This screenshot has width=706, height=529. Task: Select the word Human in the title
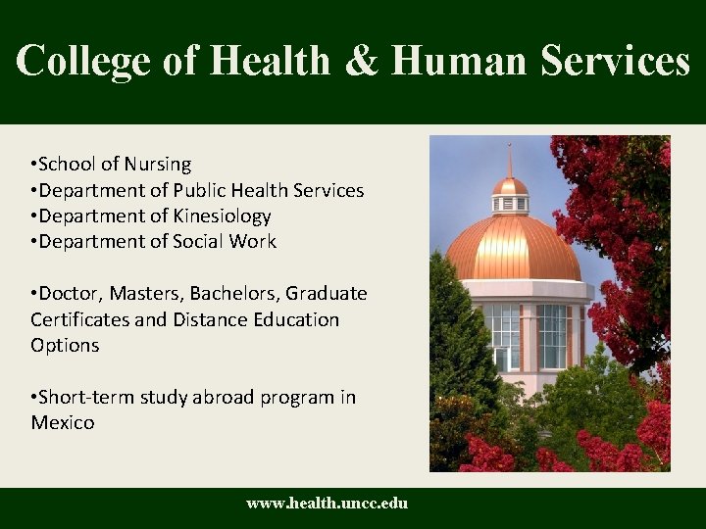[x=456, y=61]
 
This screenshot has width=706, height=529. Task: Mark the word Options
[x=65, y=346]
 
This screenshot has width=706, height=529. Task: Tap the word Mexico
[x=63, y=423]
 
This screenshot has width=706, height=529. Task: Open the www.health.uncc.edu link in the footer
[x=327, y=504]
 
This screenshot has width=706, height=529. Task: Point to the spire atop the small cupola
[x=510, y=159]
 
